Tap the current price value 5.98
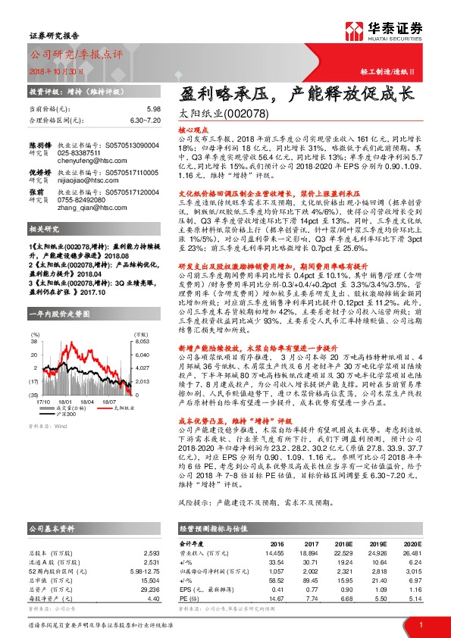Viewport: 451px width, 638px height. click(x=155, y=109)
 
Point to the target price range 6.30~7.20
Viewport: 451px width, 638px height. click(x=145, y=120)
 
